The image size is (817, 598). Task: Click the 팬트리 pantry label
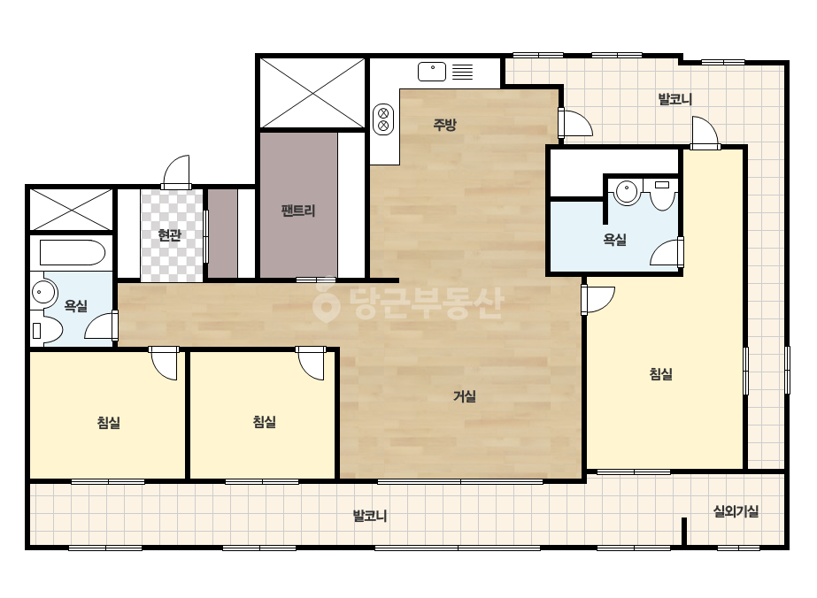click(298, 211)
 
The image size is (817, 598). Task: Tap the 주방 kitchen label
click(445, 125)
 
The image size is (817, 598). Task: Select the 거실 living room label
click(464, 396)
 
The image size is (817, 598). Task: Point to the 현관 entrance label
click(170, 235)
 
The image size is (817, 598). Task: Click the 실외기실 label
click(736, 511)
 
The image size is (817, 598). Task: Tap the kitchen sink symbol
click(432, 72)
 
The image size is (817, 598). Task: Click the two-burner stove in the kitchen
click(383, 119)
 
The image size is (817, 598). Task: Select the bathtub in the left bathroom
click(73, 253)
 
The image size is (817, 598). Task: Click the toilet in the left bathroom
click(47, 330)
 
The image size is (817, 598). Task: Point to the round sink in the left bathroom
click(44, 292)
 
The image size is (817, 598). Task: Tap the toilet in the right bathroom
click(662, 195)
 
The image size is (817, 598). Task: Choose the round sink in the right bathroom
click(627, 192)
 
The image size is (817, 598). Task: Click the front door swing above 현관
click(176, 172)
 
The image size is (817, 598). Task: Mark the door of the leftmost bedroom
click(164, 363)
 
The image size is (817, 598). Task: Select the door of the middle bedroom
click(311, 363)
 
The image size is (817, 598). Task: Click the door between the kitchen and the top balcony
click(575, 124)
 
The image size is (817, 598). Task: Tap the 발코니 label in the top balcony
click(675, 99)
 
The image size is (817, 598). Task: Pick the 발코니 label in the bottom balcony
click(370, 517)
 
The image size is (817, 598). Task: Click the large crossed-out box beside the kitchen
click(312, 93)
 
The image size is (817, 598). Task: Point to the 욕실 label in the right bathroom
click(615, 240)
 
